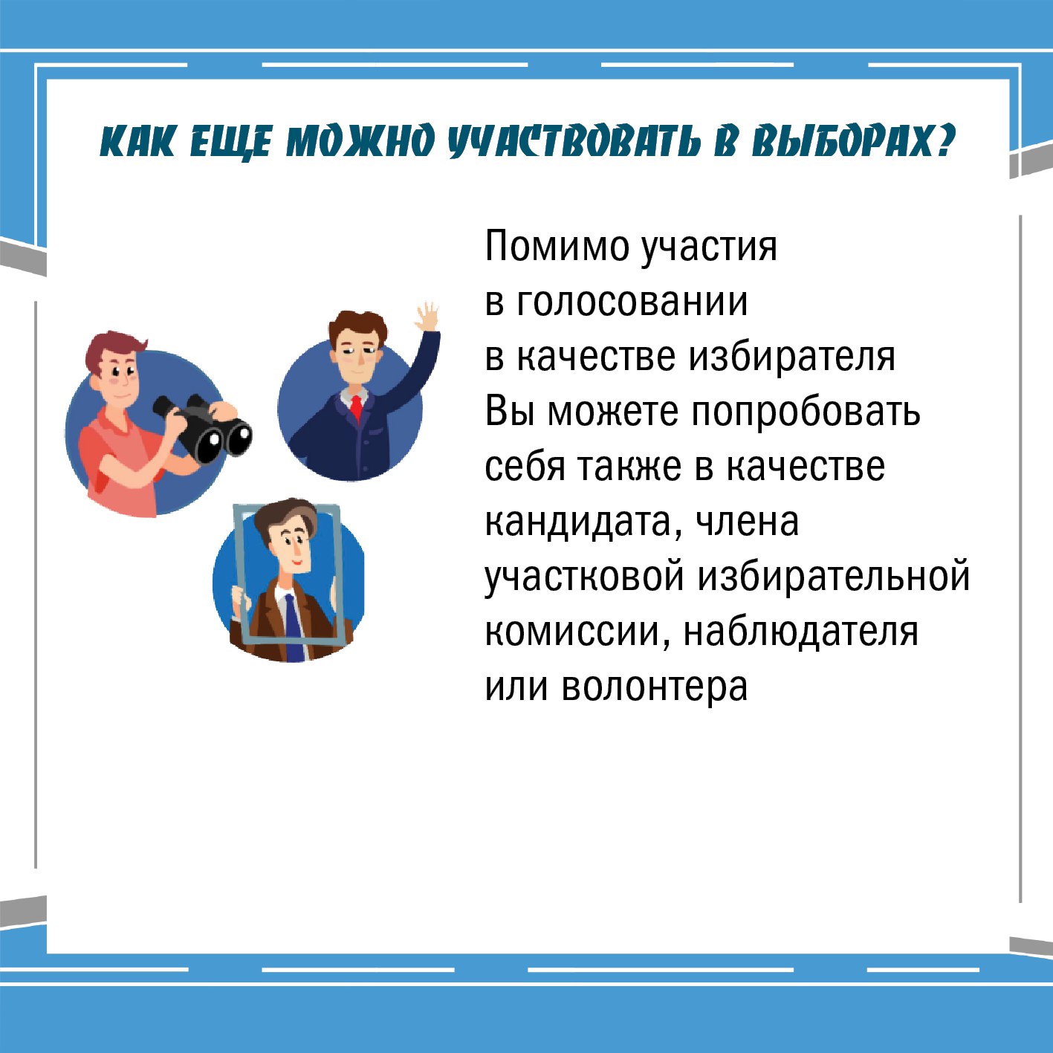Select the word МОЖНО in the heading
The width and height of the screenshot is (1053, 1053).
(360, 142)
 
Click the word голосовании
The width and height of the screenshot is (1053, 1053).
(632, 301)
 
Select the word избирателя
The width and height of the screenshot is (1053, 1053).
(791, 356)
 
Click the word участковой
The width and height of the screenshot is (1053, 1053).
(584, 577)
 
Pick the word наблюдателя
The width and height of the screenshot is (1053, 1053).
(800, 632)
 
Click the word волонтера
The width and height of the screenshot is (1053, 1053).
(654, 686)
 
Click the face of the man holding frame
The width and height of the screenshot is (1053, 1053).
(293, 545)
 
